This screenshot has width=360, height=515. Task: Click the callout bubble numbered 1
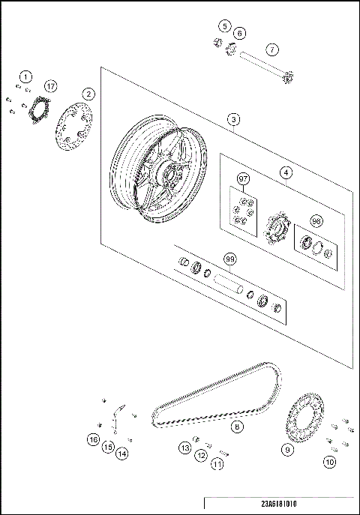(26, 76)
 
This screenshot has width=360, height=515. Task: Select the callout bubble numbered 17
(50, 86)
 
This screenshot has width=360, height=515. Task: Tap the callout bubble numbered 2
(88, 94)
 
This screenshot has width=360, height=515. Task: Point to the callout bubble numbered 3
(235, 120)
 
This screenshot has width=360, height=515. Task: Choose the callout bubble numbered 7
(272, 49)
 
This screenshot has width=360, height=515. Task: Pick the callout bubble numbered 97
(243, 179)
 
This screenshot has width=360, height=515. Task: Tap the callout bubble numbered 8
(237, 427)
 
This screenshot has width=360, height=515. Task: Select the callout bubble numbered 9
(287, 450)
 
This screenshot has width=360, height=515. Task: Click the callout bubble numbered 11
(217, 465)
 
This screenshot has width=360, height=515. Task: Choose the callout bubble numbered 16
(93, 439)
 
